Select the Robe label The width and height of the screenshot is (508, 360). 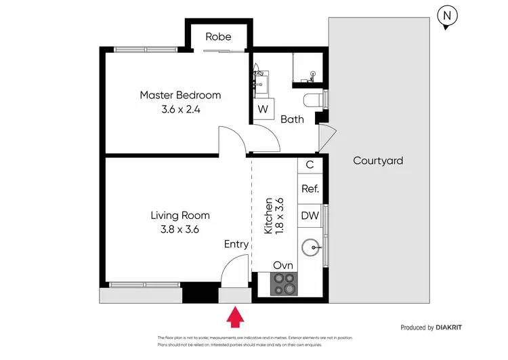[218, 37]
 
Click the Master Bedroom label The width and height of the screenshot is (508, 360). [180, 95]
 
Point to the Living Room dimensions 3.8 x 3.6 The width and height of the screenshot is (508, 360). [180, 229]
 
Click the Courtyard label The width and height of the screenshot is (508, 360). [378, 161]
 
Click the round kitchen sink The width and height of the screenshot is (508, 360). [310, 247]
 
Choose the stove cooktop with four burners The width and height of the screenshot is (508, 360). [283, 283]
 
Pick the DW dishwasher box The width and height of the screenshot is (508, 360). [310, 216]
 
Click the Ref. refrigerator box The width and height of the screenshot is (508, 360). [310, 189]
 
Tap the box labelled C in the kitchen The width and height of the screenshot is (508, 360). [310, 164]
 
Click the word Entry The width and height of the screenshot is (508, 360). [236, 244]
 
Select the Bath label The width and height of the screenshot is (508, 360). [293, 119]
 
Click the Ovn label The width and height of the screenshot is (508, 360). [283, 265]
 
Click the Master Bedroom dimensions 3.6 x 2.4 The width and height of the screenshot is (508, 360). [180, 108]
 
